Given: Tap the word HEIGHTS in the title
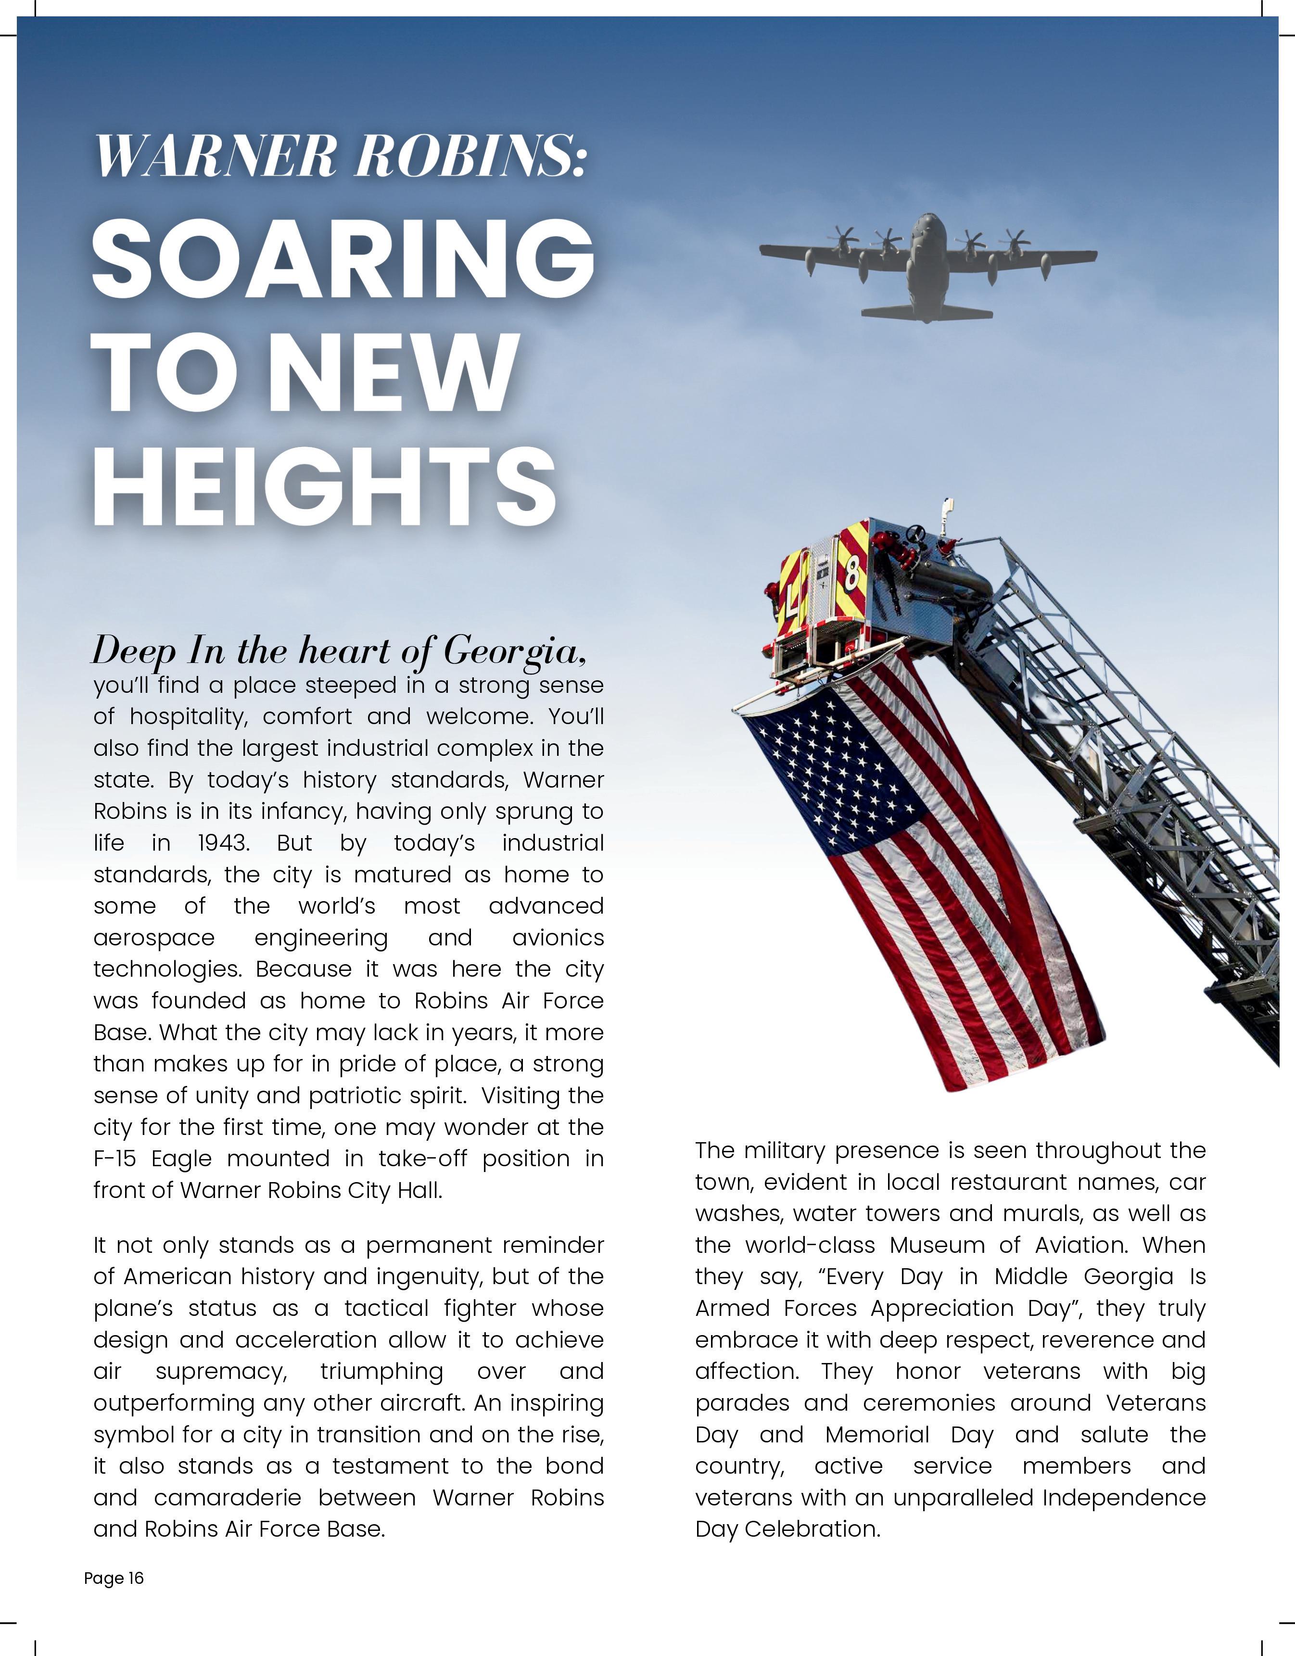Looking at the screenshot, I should (325, 485).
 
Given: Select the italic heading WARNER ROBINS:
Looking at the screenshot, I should (340, 156).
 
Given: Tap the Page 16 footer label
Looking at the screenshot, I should (114, 1578).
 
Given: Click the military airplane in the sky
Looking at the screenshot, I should (928, 266).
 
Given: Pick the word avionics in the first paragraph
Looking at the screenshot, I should (558, 938).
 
